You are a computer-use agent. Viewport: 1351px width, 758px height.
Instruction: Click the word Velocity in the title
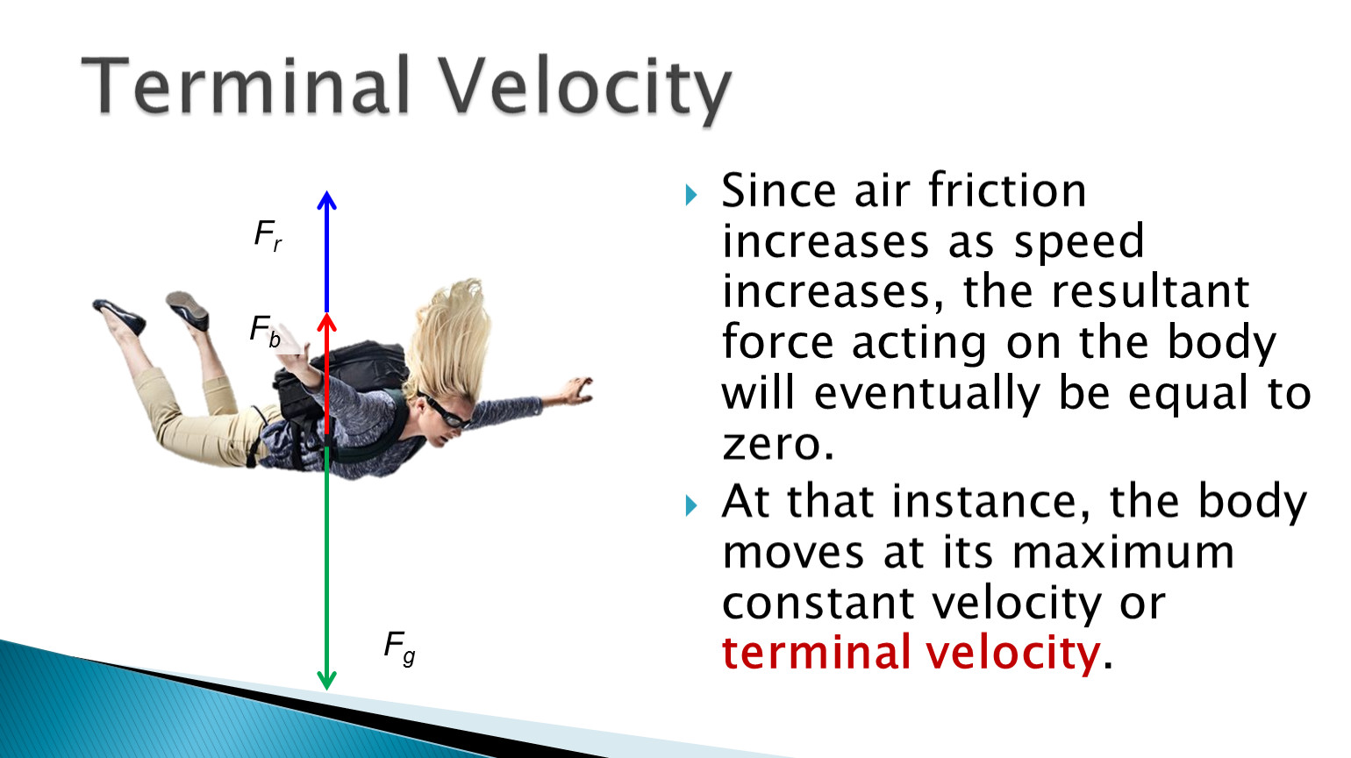[585, 90]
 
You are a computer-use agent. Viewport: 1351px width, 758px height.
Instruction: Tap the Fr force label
[268, 234]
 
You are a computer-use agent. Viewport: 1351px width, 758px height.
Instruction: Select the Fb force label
[265, 331]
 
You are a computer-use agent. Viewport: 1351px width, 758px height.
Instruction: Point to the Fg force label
[399, 648]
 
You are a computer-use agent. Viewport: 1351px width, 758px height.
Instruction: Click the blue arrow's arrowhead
[327, 200]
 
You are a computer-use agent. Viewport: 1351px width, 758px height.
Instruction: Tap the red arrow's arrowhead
[327, 322]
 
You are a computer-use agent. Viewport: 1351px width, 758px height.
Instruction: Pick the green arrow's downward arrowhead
[327, 680]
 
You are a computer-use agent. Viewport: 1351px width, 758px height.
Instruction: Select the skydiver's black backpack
[338, 386]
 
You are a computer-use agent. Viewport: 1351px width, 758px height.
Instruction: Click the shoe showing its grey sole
[188, 310]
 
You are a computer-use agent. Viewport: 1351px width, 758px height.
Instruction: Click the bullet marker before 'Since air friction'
[691, 195]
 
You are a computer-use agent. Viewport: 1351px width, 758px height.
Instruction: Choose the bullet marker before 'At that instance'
[691, 505]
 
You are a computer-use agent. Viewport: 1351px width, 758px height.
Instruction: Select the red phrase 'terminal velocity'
[911, 653]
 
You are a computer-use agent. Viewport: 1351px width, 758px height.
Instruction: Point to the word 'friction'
[1007, 190]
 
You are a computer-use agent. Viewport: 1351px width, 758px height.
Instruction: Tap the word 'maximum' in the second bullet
[1123, 553]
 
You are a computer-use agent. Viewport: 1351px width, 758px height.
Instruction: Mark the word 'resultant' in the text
[1150, 292]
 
